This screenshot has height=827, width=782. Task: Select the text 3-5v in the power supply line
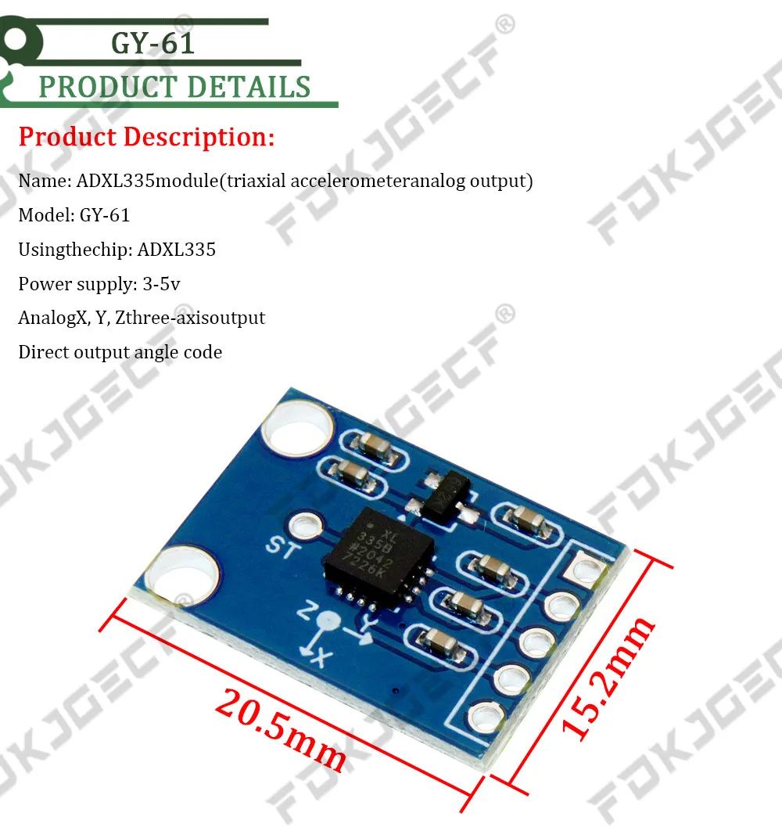pos(161,283)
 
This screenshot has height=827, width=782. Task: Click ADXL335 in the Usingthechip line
pos(176,250)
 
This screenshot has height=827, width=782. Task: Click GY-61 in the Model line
pos(105,215)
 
